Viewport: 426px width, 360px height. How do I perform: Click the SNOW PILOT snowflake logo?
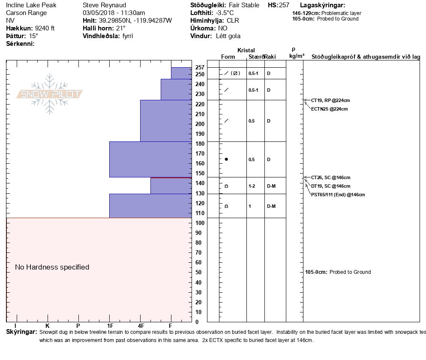pyautogui.click(x=50, y=94)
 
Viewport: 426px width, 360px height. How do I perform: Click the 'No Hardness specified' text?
pyautogui.click(x=52, y=267)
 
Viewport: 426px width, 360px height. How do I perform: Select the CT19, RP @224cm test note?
pyautogui.click(x=330, y=100)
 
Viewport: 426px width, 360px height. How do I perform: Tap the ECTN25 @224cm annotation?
pyautogui.click(x=329, y=109)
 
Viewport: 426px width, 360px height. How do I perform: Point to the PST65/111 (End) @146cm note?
pyautogui.click(x=338, y=195)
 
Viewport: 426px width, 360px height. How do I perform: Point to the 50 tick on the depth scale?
pyautogui.click(x=199, y=273)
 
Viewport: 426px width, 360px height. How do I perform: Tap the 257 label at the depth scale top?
pyautogui.click(x=200, y=68)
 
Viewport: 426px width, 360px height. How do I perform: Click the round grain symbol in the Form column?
pyautogui.click(x=226, y=159)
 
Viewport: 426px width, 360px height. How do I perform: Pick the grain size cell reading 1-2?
pyautogui.click(x=252, y=186)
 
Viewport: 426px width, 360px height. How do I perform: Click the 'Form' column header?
pyautogui.click(x=228, y=57)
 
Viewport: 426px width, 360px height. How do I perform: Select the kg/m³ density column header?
pyautogui.click(x=297, y=56)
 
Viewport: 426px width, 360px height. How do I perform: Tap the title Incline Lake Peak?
pyautogui.click(x=31, y=6)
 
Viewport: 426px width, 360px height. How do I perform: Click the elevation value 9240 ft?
pyautogui.click(x=45, y=28)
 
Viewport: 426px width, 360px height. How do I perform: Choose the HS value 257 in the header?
pyautogui.click(x=284, y=6)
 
